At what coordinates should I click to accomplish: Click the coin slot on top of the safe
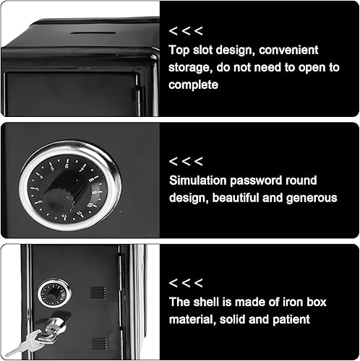click(x=93, y=32)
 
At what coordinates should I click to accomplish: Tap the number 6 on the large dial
click(x=67, y=166)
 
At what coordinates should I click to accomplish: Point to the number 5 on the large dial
click(x=52, y=168)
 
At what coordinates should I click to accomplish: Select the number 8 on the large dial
click(x=91, y=180)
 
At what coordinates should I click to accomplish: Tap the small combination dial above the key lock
click(x=54, y=293)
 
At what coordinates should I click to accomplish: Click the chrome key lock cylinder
click(x=57, y=324)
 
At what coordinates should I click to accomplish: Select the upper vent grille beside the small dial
click(x=98, y=292)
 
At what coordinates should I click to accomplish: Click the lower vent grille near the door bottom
click(x=100, y=344)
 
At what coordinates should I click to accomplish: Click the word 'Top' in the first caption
click(x=179, y=51)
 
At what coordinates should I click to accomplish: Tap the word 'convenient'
click(x=288, y=50)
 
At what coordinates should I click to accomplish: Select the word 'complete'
click(x=193, y=85)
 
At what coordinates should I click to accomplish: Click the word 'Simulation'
click(x=197, y=180)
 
